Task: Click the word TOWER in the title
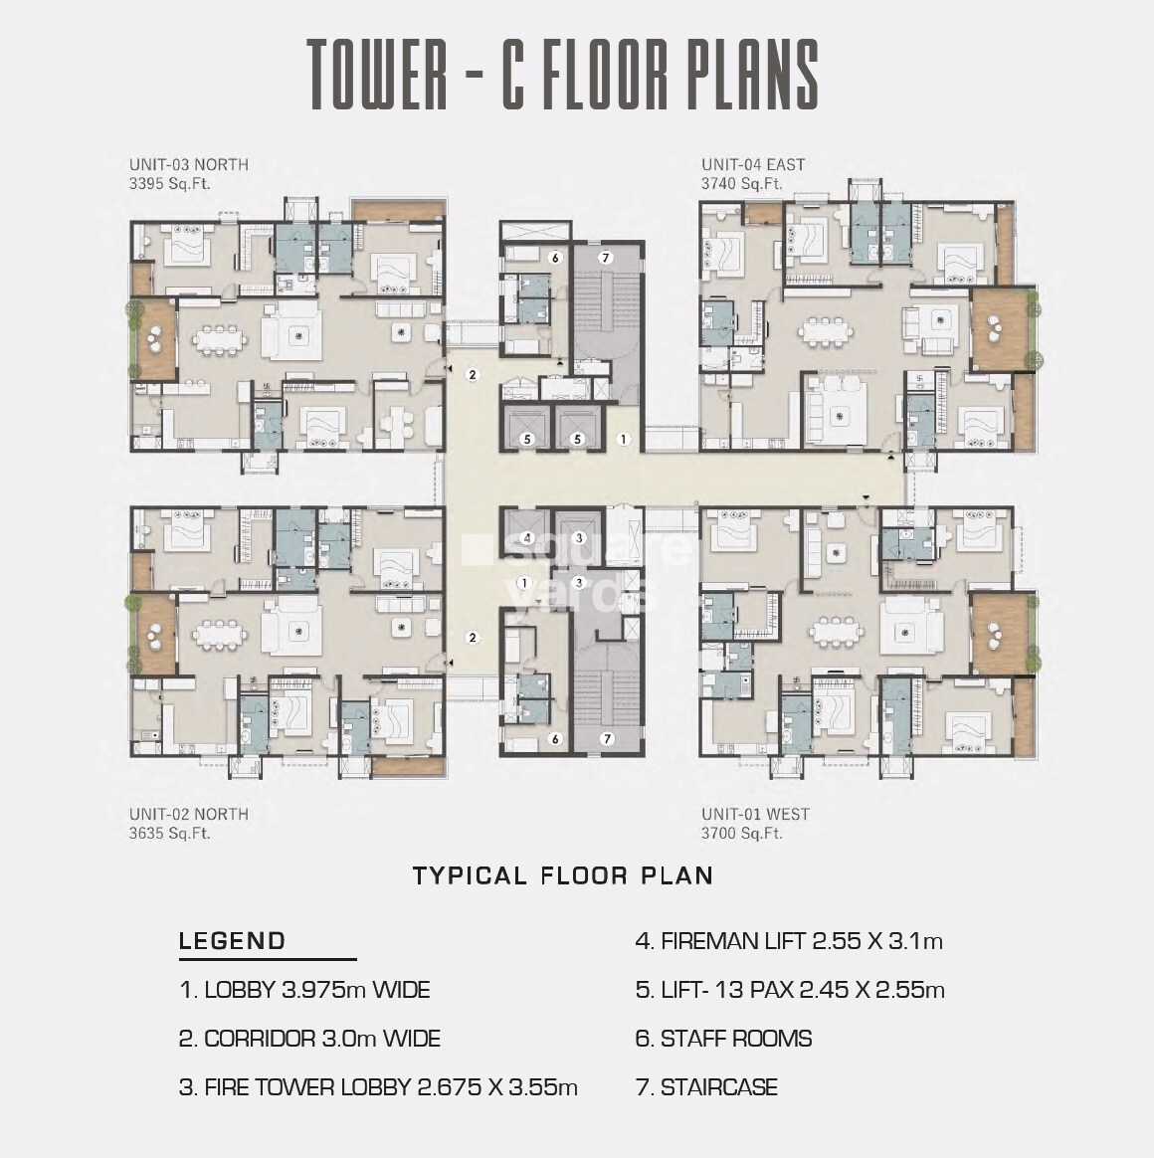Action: pos(377,74)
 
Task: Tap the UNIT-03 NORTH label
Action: pos(188,164)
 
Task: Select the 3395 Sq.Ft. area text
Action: pos(169,183)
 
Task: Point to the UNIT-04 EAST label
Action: pos(752,164)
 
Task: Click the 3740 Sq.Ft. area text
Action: pos(741,183)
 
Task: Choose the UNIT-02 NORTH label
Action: pos(188,814)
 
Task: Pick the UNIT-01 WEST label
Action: pos(755,814)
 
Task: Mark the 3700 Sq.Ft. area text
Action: pos(741,833)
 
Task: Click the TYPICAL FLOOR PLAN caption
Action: pos(563,875)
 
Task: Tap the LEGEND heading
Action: pos(232,940)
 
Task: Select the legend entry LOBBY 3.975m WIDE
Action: pos(304,990)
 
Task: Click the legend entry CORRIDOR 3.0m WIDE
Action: pos(309,1039)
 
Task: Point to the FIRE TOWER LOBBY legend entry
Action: pos(378,1087)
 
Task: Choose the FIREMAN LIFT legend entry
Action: pos(789,940)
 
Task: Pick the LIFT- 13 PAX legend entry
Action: pos(790,990)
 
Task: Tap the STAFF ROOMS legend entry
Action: pos(723,1039)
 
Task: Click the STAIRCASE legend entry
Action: pos(706,1087)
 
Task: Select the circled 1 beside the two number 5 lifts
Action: pos(624,438)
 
